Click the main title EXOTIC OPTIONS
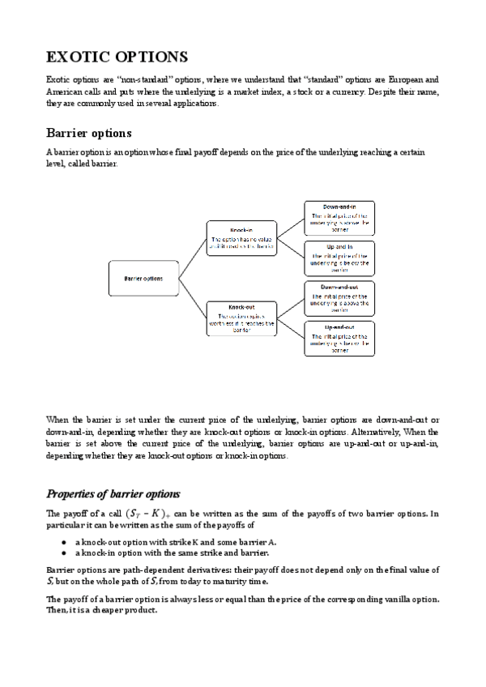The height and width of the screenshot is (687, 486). click(117, 57)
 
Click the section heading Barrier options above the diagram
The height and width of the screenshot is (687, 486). click(89, 133)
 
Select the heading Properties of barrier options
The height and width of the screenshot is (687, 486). click(113, 493)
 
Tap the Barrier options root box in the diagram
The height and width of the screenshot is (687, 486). click(143, 279)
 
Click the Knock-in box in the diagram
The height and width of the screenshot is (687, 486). click(242, 239)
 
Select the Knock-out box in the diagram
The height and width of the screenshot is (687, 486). click(242, 318)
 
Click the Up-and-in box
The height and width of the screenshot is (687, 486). click(339, 258)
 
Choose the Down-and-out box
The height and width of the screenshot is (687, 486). click(339, 298)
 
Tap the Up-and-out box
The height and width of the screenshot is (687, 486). click(339, 339)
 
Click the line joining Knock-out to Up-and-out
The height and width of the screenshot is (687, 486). click(292, 329)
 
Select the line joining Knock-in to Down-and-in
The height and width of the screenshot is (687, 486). click(292, 228)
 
